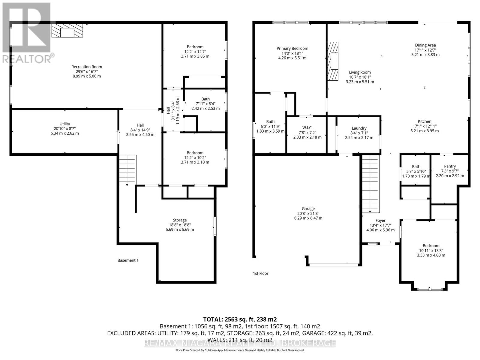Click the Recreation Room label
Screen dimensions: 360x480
point(87,67)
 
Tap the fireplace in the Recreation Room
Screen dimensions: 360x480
point(67,31)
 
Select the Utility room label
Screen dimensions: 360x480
point(65,124)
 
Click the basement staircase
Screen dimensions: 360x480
point(128,170)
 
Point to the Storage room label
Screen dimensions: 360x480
point(180,220)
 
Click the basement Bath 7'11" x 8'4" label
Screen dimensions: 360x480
point(205,99)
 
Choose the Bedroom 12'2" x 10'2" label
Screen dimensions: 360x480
point(195,153)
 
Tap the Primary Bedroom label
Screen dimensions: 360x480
point(292,48)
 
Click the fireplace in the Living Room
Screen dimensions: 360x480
point(333,61)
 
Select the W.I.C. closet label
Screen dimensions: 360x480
point(307,128)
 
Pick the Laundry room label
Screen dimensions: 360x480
point(359,128)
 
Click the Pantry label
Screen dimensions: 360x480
point(450,166)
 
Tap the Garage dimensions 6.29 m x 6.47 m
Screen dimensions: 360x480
point(308,218)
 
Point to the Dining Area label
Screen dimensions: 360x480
point(425,45)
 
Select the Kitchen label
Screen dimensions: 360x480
point(424,121)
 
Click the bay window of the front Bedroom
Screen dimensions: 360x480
point(430,289)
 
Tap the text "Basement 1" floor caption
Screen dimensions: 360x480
point(128,260)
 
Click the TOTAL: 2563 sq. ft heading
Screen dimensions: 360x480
point(240,319)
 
